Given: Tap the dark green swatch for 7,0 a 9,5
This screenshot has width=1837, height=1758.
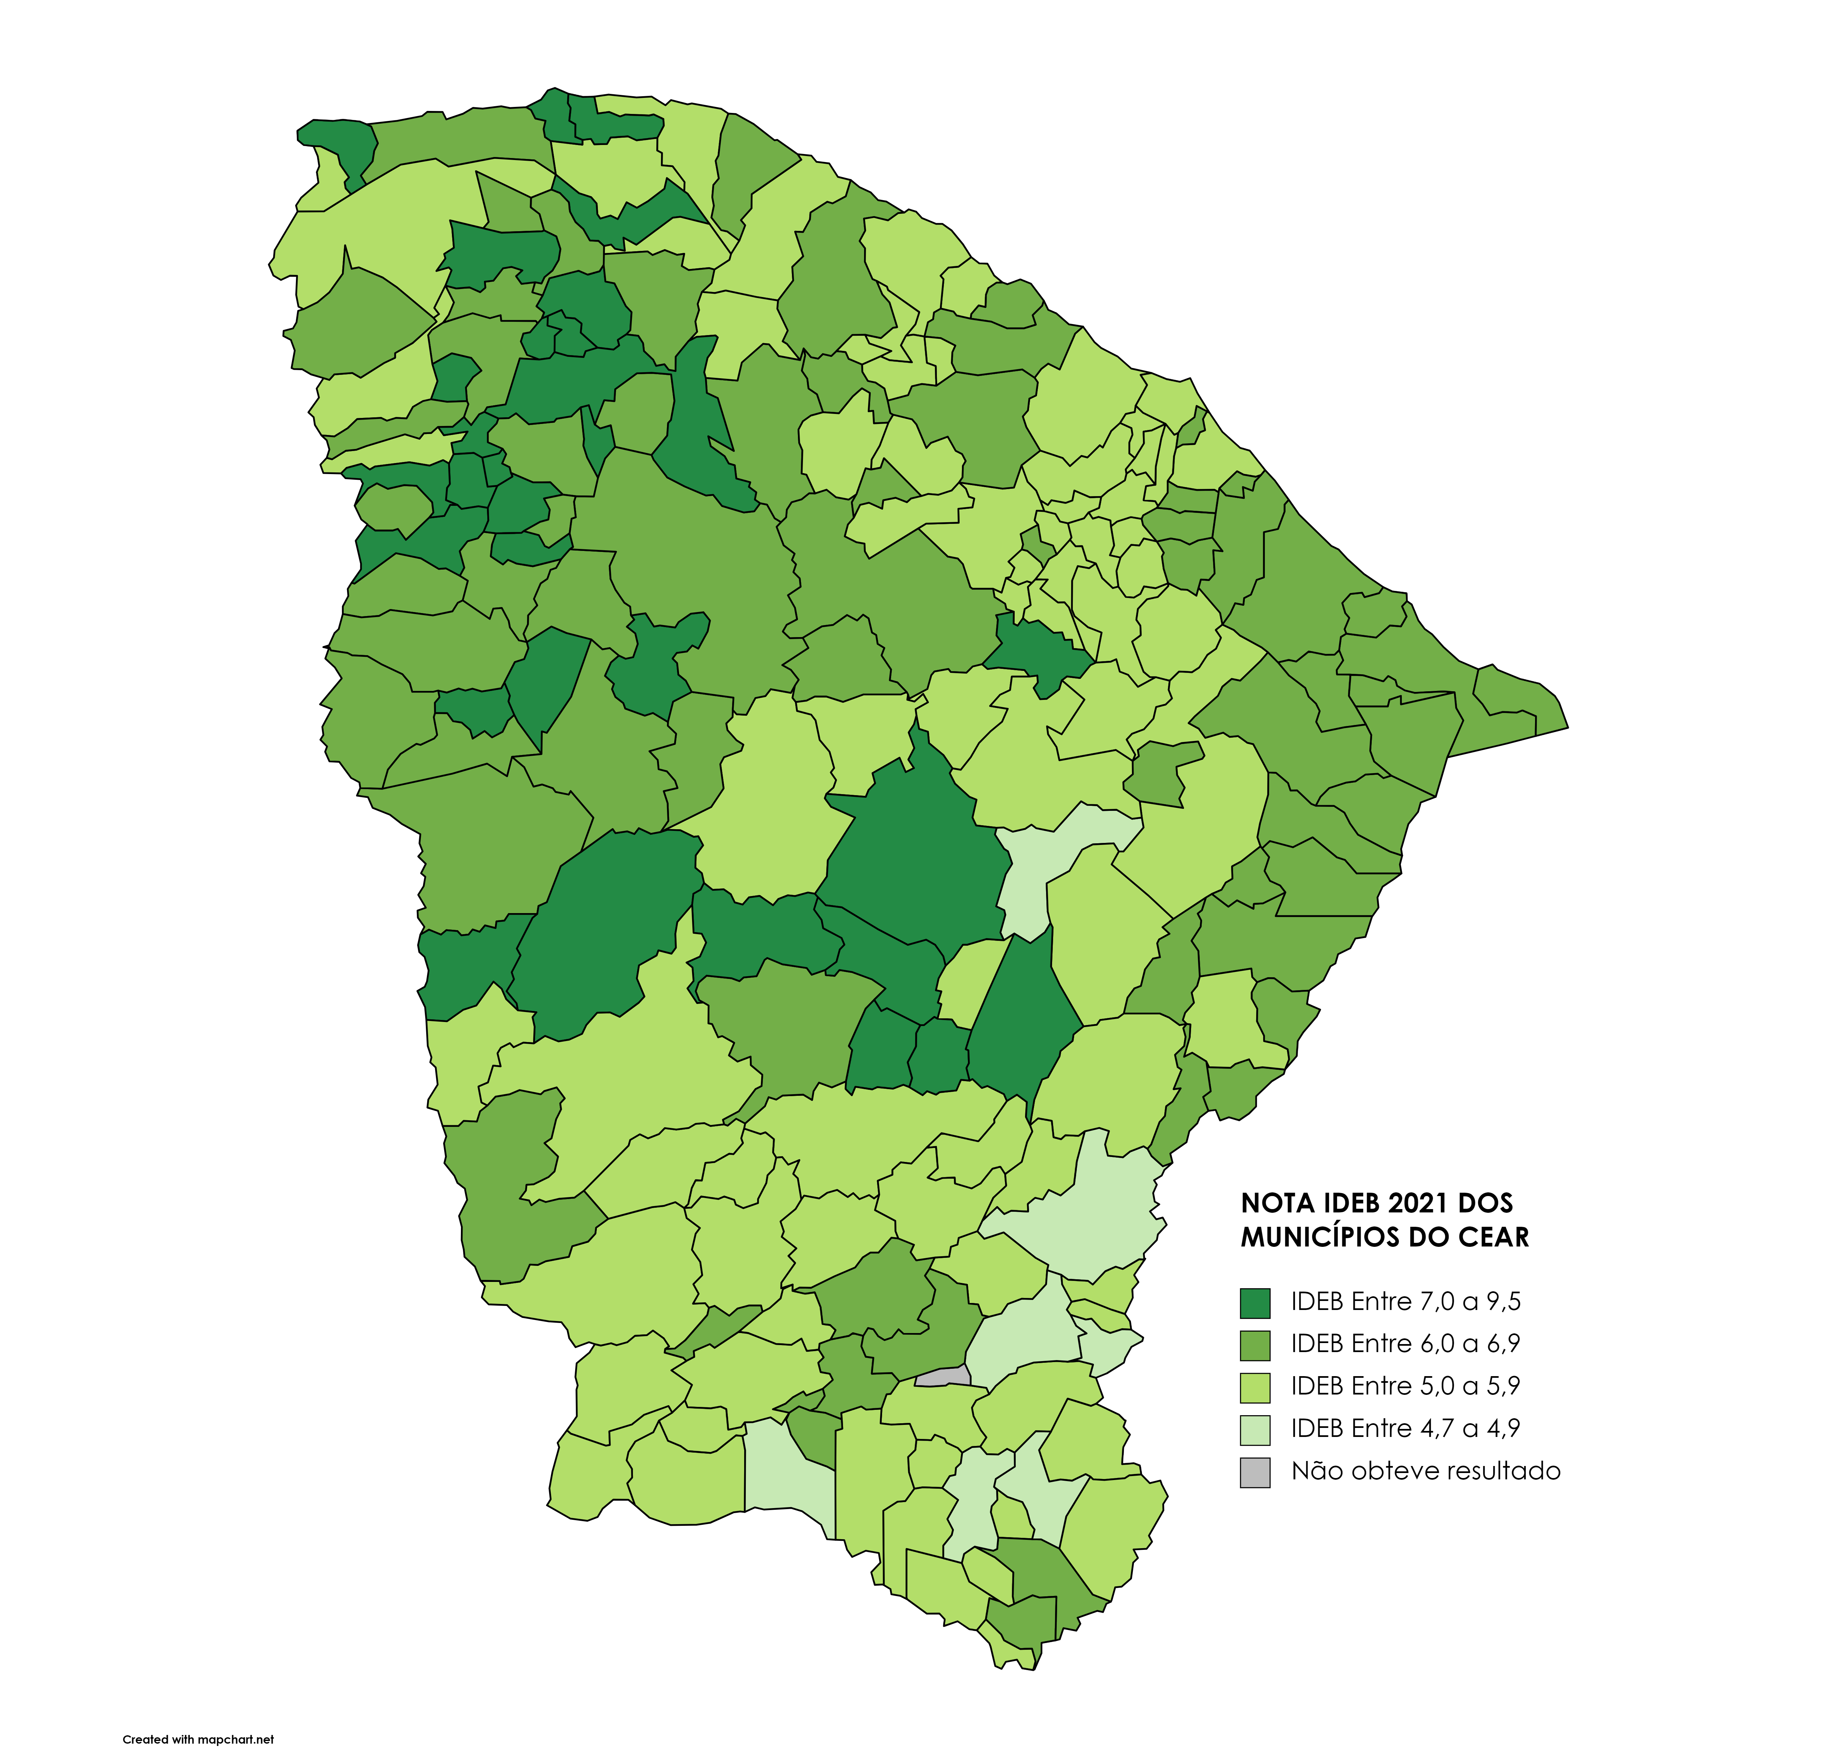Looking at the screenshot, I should [1254, 1303].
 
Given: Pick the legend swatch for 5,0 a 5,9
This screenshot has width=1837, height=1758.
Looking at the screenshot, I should [1254, 1387].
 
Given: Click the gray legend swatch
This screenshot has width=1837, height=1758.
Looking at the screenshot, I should [1254, 1472].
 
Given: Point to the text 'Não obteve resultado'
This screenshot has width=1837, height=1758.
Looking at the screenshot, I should [1425, 1471].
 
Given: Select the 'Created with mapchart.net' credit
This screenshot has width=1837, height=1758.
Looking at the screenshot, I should [199, 1739].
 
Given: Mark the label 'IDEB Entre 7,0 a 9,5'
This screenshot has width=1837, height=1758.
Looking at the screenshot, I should [1405, 1302].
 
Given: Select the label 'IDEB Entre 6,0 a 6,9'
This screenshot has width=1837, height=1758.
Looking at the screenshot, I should [1405, 1344].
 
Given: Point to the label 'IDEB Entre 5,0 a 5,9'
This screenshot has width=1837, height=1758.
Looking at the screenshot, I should [1405, 1386].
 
